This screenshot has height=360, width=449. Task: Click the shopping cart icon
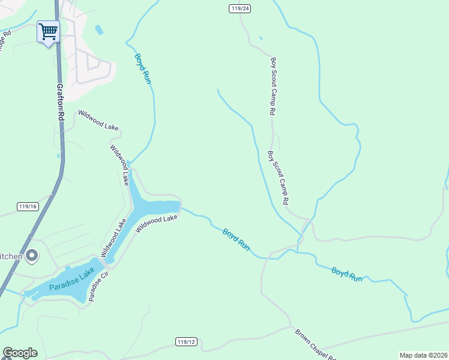(x=48, y=31)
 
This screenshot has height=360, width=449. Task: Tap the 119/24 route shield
(x=239, y=8)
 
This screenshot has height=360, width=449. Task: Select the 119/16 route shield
(x=28, y=206)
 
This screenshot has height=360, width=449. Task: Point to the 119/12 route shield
(x=187, y=341)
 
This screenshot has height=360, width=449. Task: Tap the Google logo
(x=20, y=353)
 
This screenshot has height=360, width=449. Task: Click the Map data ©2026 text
(x=423, y=355)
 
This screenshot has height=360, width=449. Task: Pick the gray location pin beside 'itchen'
(x=32, y=256)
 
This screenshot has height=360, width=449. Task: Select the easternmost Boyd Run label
(x=348, y=274)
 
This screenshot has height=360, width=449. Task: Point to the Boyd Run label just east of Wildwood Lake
(x=236, y=239)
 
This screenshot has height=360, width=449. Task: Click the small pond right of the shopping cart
(x=99, y=29)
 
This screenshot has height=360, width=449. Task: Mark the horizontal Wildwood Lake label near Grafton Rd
(x=98, y=120)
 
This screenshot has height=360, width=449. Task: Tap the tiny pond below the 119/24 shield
(x=260, y=38)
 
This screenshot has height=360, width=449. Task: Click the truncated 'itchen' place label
(x=11, y=256)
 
